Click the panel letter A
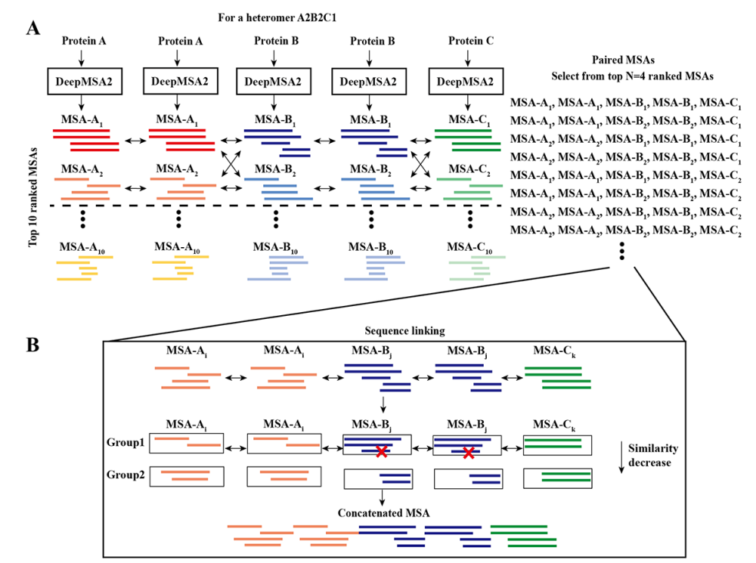[x=33, y=29]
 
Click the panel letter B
[x=33, y=345]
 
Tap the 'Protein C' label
[x=469, y=41]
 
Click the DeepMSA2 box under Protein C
[x=469, y=81]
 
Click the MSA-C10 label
[x=469, y=246]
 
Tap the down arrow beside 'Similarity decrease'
[x=621, y=457]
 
